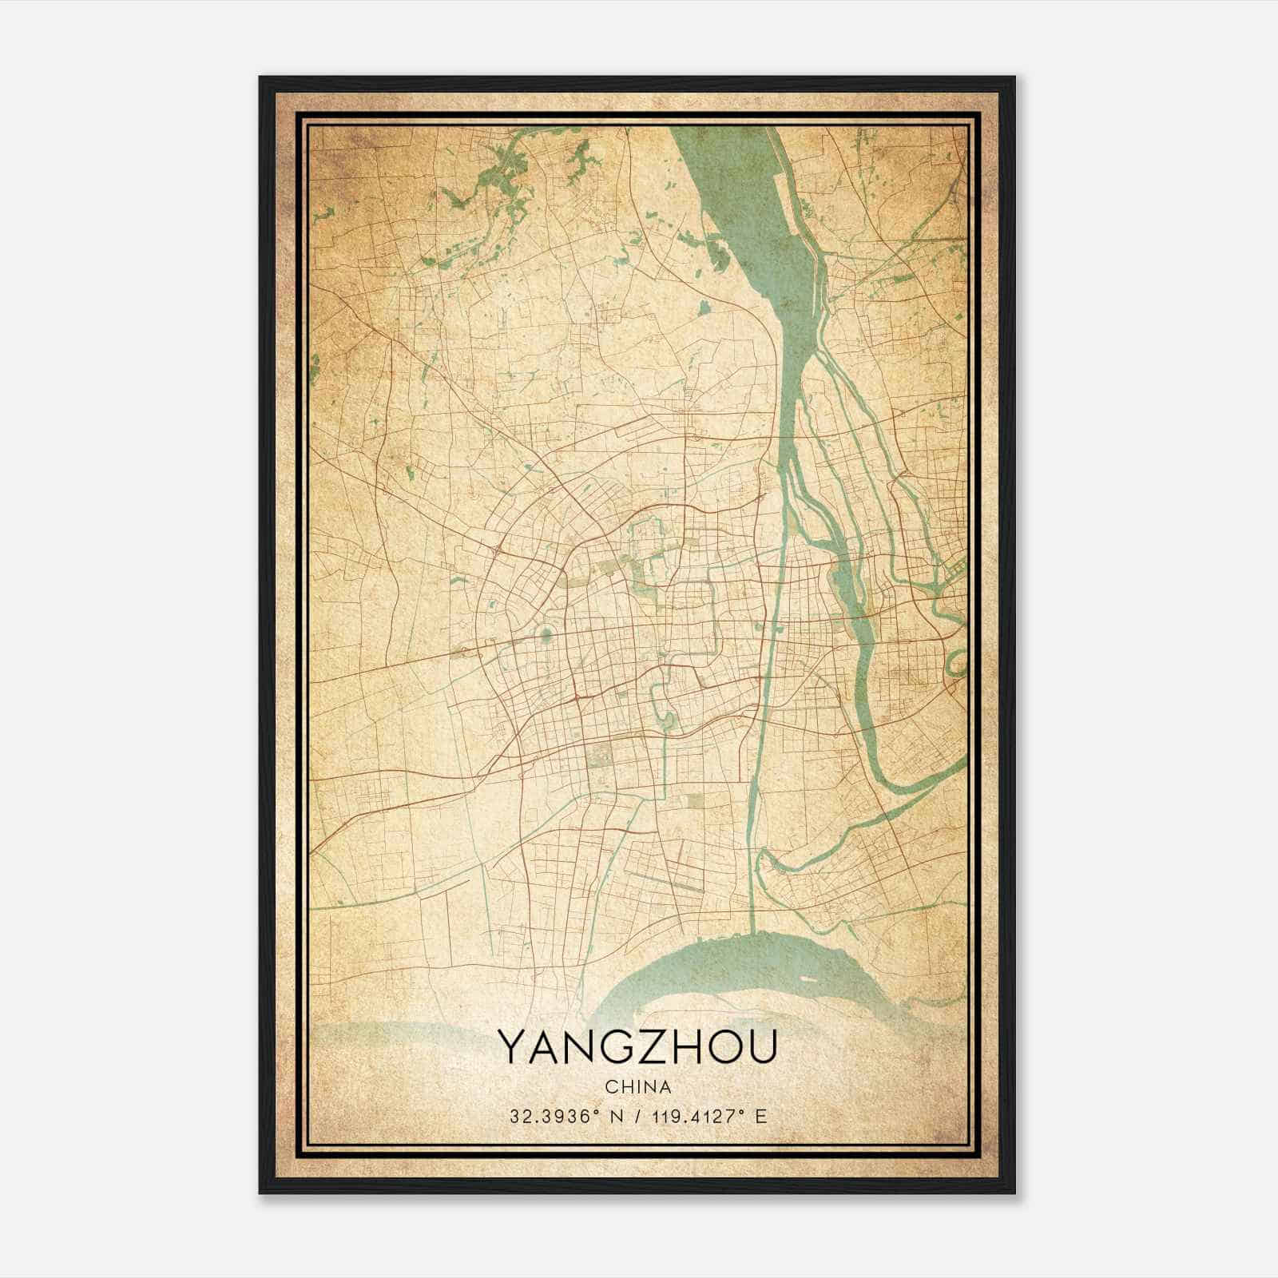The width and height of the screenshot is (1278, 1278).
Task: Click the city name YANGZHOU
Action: (x=637, y=1046)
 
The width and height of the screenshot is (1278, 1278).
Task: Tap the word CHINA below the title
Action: (x=637, y=1087)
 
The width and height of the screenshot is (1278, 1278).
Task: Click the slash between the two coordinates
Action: (x=636, y=1116)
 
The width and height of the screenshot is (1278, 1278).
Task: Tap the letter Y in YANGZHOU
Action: (x=512, y=1046)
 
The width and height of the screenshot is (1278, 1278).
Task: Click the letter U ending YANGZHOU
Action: (x=761, y=1046)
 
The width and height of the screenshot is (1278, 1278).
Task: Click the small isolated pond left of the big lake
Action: (x=704, y=307)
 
